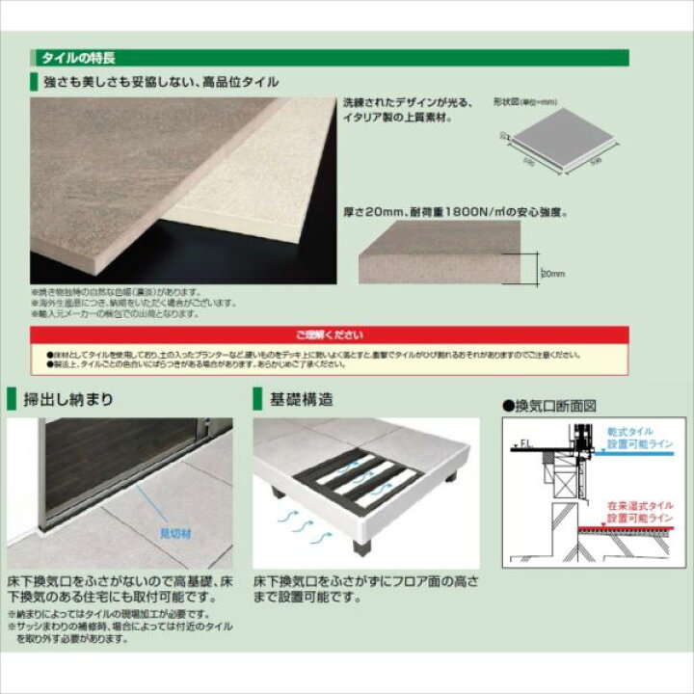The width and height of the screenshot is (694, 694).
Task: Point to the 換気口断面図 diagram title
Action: click(x=550, y=406)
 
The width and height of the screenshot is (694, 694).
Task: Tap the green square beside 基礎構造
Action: click(x=258, y=399)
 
